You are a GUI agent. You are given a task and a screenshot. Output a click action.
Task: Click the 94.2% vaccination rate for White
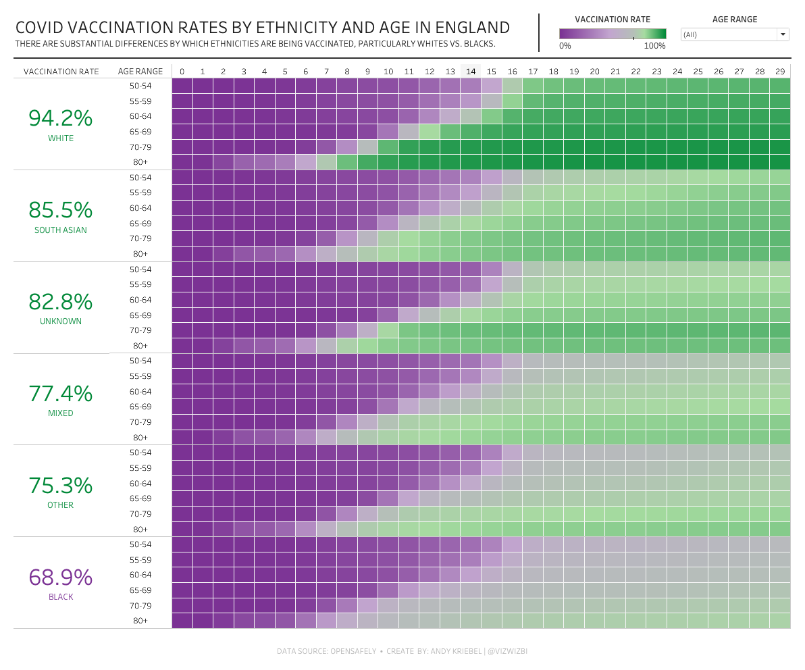pos(60,118)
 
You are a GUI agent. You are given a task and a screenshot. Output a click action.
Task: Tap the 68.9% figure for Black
pos(60,577)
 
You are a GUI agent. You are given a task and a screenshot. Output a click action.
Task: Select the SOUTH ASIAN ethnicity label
pos(60,230)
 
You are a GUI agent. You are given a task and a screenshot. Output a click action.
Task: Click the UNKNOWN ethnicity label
pos(60,321)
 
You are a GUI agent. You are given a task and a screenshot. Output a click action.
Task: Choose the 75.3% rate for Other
pos(60,486)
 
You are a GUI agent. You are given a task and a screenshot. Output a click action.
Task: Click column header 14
pos(471,71)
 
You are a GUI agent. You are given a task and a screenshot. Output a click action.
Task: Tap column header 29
pos(780,71)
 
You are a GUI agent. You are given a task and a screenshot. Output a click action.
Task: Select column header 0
pos(182,71)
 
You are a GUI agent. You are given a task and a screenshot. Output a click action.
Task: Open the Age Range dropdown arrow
pos(783,34)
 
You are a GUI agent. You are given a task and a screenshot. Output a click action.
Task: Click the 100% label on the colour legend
pos(654,46)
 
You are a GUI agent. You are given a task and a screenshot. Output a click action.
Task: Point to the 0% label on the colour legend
pos(565,46)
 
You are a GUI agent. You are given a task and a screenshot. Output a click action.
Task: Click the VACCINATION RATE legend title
pos(613,20)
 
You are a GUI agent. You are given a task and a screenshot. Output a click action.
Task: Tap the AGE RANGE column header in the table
pos(140,71)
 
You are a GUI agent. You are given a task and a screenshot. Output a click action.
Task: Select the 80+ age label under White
pos(140,162)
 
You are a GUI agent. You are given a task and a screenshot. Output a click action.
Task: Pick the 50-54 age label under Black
pos(140,544)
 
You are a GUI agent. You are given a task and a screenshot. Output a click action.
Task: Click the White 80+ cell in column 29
pos(780,162)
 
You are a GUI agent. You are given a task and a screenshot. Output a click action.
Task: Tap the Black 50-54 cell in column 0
pos(182,544)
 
